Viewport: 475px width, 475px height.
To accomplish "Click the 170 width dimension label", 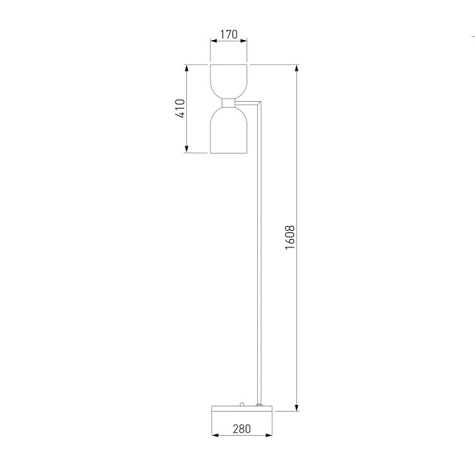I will click(x=228, y=34).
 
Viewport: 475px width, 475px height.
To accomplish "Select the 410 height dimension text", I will click(x=179, y=109).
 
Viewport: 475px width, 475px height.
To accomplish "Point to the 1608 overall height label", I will click(x=290, y=237).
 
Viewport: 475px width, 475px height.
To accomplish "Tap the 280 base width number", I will click(x=241, y=429).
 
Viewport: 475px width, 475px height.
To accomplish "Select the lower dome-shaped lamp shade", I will click(x=228, y=130).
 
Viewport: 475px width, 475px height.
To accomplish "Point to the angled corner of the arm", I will click(x=260, y=103).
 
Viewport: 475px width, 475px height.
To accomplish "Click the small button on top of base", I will click(x=241, y=405).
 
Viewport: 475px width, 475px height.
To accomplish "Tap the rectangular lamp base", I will click(x=241, y=409).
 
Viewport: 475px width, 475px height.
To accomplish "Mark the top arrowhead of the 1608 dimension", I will click(x=298, y=69).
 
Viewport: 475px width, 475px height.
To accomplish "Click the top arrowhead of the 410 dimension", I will click(x=186, y=69).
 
